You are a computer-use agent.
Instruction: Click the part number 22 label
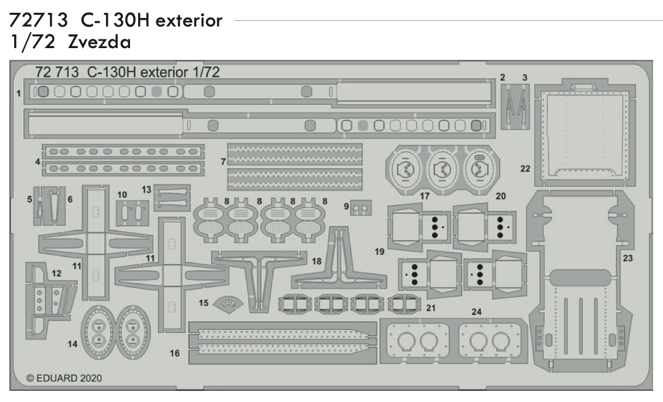point(525,168)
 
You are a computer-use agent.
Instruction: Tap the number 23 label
point(627,259)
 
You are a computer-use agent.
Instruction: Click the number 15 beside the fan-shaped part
point(203,303)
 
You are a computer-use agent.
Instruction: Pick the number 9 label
point(346,205)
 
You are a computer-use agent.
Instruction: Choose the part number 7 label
point(222,162)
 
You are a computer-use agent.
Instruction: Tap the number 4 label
point(38,162)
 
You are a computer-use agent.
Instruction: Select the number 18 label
point(317,261)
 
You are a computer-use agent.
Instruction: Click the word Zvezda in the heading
point(103,44)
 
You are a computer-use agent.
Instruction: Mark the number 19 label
point(378,252)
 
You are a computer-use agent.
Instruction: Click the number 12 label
point(57,272)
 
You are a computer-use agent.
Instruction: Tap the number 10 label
point(122,194)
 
